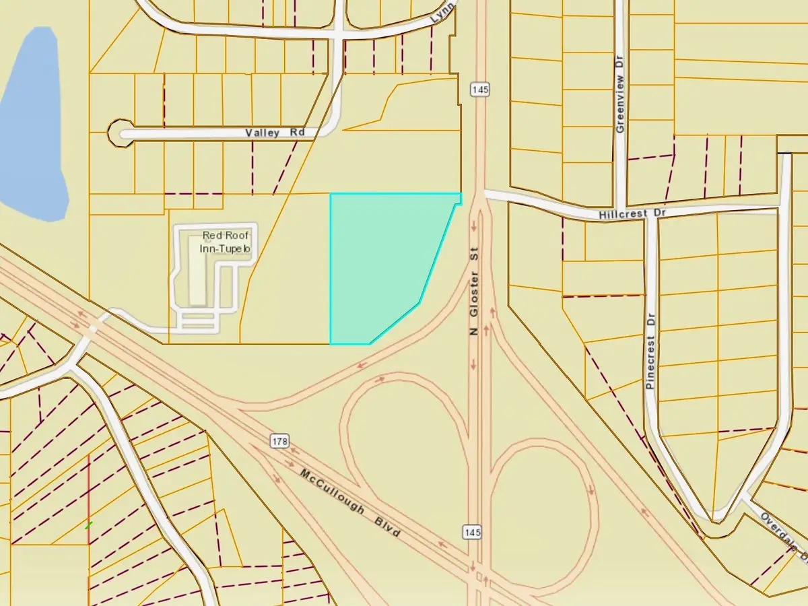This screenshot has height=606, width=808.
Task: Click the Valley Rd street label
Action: (275, 133)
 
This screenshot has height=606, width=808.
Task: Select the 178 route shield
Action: (281, 442)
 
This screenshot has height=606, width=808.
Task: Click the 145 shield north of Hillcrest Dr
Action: (479, 89)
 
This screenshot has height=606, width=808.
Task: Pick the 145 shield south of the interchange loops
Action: (471, 532)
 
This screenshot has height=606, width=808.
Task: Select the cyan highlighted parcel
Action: (384, 263)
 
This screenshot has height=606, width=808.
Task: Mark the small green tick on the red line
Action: (88, 525)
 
